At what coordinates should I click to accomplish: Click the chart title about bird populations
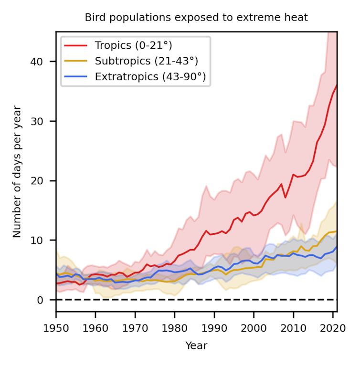pyautogui.click(x=196, y=18)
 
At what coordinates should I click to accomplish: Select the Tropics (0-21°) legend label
pyautogui.click(x=133, y=46)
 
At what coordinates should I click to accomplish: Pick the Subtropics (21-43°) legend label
pyautogui.click(x=146, y=61)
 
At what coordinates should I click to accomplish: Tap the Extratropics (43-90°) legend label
pyautogui.click(x=150, y=76)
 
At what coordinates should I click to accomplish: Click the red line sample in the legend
pyautogui.click(x=76, y=46)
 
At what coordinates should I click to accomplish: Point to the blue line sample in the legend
pyautogui.click(x=76, y=76)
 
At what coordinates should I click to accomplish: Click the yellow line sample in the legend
pyautogui.click(x=76, y=61)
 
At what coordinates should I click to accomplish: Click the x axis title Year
pyautogui.click(x=196, y=345)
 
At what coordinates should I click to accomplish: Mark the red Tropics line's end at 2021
pyautogui.click(x=337, y=85)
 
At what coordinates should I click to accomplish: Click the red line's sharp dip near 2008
pyautogui.click(x=285, y=198)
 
